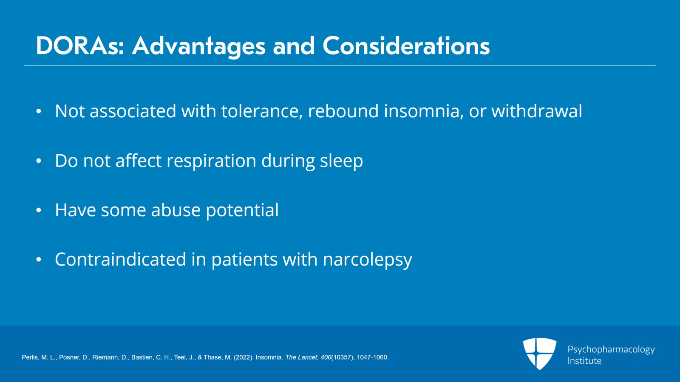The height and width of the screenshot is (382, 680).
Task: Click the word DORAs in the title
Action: [80, 46]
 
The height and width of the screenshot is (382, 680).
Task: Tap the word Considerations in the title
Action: [406, 46]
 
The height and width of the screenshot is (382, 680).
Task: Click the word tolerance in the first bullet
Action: [262, 111]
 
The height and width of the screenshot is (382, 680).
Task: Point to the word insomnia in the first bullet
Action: [424, 111]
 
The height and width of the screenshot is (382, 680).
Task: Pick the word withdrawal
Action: [537, 111]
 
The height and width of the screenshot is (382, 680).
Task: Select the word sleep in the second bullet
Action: [342, 161]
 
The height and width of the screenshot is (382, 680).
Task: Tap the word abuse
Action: [176, 210]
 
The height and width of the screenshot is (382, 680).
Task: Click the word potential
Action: [242, 210]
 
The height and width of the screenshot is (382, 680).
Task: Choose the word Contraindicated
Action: [120, 260]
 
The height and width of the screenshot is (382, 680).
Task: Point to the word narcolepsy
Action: [367, 260]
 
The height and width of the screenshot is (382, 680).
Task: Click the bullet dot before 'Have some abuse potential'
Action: [39, 210]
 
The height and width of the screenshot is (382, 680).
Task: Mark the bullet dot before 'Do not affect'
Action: [39, 161]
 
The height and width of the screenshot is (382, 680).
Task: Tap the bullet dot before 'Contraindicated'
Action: [39, 260]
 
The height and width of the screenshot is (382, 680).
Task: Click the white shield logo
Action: [539, 354]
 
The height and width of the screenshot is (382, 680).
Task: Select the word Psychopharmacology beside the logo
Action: [611, 350]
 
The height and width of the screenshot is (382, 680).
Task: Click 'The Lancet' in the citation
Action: [301, 357]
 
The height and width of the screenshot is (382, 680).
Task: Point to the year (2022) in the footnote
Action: [244, 357]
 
